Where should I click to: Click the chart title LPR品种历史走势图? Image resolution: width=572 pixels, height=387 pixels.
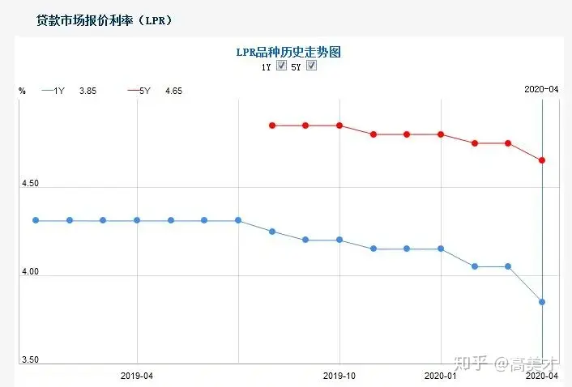coord(288,51)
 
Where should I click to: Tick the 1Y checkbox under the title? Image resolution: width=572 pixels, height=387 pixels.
coord(281,66)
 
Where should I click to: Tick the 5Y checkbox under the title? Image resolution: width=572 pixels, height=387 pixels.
coord(310,66)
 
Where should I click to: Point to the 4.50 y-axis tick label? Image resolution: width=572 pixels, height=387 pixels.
coord(29,184)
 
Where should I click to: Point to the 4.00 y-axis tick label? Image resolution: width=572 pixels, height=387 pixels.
coord(29,274)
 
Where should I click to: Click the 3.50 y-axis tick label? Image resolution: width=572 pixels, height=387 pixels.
coord(29,359)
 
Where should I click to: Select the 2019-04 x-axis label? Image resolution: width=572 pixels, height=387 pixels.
coord(137,376)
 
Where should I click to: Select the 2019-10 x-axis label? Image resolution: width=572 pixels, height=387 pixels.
coord(339,376)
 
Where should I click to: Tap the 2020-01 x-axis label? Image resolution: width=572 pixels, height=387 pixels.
coord(441,376)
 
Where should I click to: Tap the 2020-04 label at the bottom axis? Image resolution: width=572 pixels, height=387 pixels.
coord(542,376)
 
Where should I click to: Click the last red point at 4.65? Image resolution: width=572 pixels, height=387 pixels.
coord(541,160)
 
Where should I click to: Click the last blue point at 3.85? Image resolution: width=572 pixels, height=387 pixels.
coord(541,302)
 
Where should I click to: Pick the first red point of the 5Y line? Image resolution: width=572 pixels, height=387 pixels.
coord(272,125)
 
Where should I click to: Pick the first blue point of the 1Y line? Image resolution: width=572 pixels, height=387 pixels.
coord(36,220)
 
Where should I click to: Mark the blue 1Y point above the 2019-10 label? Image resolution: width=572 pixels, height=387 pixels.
coord(339,240)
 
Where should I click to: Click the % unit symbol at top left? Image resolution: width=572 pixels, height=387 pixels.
coord(22,91)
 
